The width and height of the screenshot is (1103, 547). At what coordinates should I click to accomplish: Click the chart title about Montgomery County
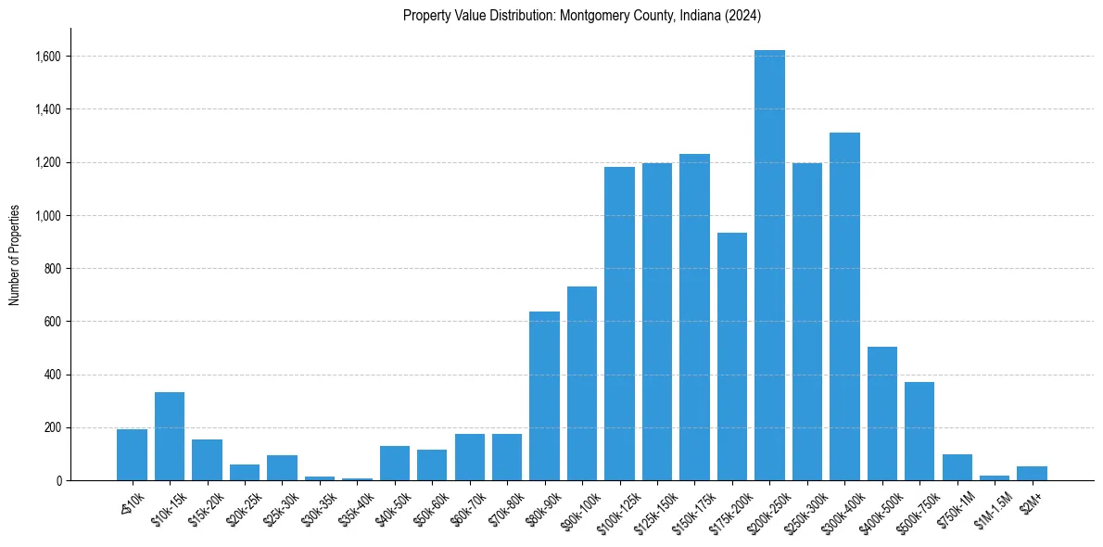pyautogui.click(x=582, y=15)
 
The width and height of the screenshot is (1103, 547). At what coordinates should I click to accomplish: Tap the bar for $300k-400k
pyautogui.click(x=844, y=307)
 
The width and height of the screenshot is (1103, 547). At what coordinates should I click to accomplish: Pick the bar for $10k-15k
pyautogui.click(x=170, y=437)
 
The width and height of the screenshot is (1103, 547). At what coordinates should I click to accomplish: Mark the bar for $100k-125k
pyautogui.click(x=619, y=324)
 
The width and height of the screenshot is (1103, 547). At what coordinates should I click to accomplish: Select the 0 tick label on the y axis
pyautogui.click(x=58, y=481)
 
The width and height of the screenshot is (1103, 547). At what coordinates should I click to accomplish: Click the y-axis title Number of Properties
pyautogui.click(x=15, y=255)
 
